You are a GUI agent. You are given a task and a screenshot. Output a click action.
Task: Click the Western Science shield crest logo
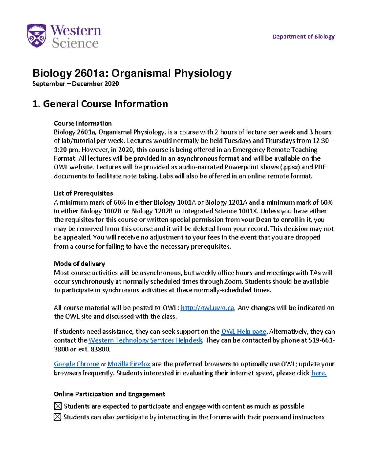coord(37,36)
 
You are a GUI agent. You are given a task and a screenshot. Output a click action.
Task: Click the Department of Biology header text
coord(303,36)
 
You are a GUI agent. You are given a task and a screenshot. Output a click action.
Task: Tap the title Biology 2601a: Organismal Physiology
coord(132,73)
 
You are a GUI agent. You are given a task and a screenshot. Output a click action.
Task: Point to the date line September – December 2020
coord(76,84)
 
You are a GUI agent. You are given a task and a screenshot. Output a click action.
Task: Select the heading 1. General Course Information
coord(100,104)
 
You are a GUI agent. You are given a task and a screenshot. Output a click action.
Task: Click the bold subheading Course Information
coord(83,123)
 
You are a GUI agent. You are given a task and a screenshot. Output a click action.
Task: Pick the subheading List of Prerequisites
coord(83,193)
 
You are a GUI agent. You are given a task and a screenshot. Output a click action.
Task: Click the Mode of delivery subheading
coord(79,264)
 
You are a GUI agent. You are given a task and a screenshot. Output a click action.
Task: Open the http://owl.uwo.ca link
coord(207,308)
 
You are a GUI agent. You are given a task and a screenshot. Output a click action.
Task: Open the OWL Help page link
coord(243,332)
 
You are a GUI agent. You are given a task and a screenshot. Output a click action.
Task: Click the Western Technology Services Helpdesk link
coord(145,340)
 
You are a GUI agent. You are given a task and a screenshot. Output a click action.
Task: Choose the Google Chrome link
coord(76,364)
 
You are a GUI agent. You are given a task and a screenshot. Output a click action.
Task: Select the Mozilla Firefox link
coord(129,364)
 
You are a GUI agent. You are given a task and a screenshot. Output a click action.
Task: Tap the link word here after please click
coord(319,373)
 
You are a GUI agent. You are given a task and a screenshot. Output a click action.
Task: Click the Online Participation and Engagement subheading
coord(109,394)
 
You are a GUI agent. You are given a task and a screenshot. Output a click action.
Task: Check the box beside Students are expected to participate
coord(58,406)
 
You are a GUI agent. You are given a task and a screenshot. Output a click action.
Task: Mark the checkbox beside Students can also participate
coord(57,417)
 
